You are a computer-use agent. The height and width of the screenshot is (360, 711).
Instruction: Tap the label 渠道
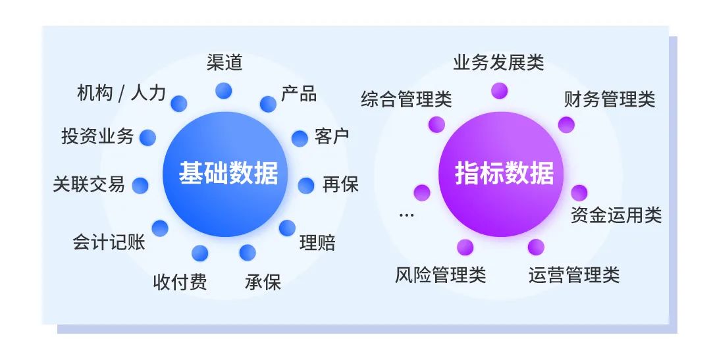(224, 63)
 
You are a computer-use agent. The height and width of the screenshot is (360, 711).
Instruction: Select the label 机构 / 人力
(121, 93)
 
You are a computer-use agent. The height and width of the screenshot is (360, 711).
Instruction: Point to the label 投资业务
(97, 136)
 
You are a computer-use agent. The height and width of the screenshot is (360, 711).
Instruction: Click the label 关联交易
(89, 184)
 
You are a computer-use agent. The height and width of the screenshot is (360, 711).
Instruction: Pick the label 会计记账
(109, 242)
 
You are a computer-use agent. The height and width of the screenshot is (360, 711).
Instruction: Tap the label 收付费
(180, 282)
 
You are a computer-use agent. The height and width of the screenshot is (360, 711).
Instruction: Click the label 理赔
(317, 243)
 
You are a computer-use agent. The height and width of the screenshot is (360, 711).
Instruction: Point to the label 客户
(332, 137)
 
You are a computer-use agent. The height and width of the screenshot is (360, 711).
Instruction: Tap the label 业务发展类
(498, 63)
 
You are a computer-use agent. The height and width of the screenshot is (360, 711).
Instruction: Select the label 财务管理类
(610, 100)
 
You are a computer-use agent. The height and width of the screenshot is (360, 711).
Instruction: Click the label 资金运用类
(616, 215)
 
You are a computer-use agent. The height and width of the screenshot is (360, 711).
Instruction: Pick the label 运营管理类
(574, 274)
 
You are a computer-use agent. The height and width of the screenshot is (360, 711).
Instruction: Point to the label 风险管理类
(440, 274)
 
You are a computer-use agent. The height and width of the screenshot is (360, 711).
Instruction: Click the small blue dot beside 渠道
(224, 91)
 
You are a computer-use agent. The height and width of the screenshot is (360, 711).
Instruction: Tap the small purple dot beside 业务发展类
(500, 91)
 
